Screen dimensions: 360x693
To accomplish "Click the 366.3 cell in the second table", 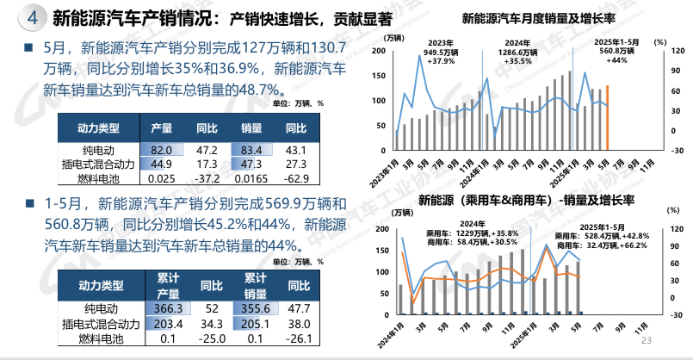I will (169, 309).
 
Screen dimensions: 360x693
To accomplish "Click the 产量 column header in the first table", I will (162, 128).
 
